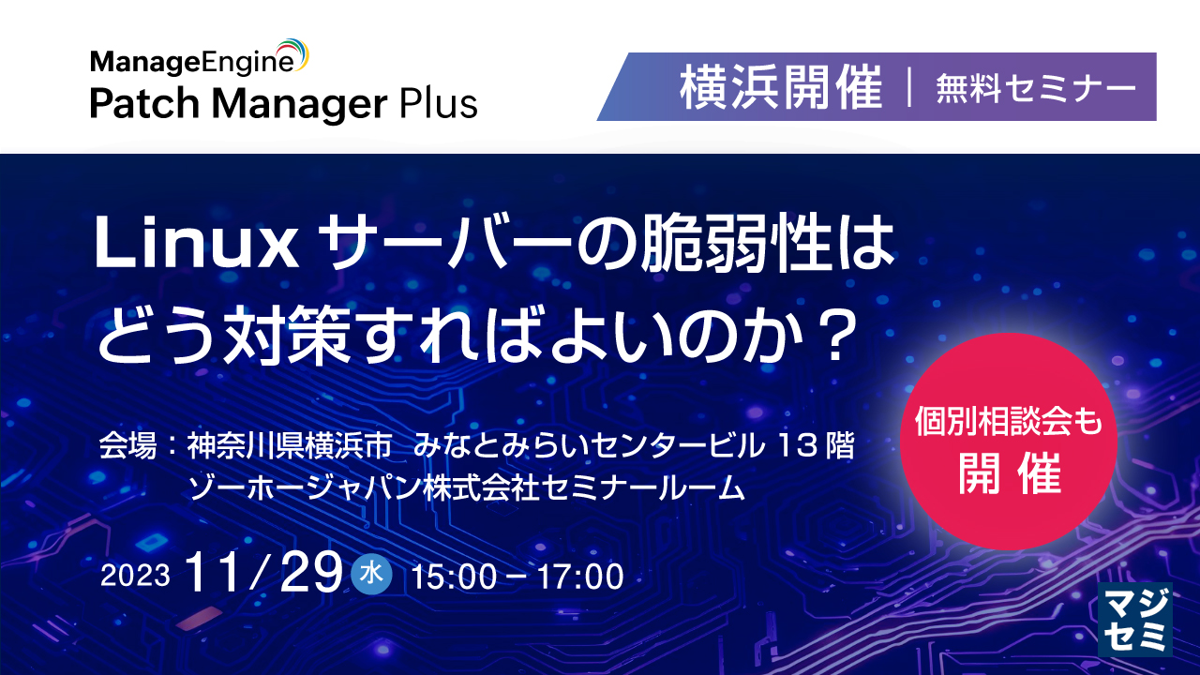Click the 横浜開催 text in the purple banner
(x=781, y=88)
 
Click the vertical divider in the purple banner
(x=909, y=88)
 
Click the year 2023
(x=135, y=576)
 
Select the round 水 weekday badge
(x=371, y=574)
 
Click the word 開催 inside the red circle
(x=1010, y=475)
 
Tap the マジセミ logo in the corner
(x=1134, y=619)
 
